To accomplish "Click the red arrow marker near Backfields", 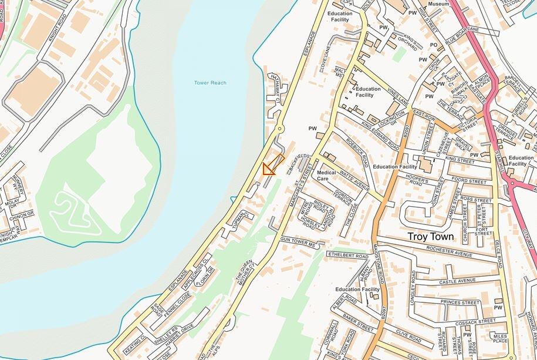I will (x=271, y=167).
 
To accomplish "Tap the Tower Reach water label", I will (x=210, y=83).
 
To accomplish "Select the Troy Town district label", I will (x=431, y=237).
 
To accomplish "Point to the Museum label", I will (x=438, y=4).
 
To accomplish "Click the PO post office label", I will (x=434, y=45).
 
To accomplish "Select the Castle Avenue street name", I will (x=458, y=281).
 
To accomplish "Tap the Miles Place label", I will (x=500, y=339).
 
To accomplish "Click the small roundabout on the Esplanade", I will (x=279, y=128).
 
